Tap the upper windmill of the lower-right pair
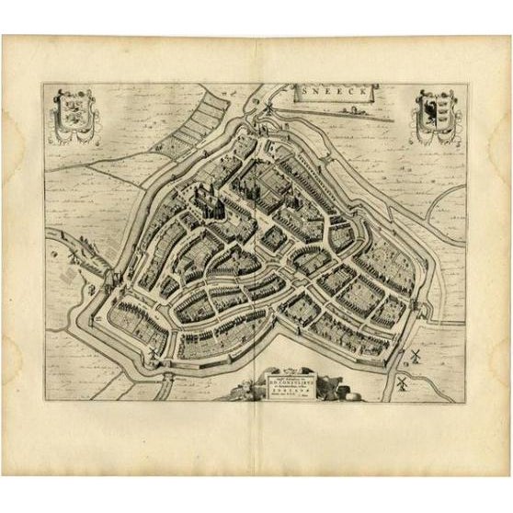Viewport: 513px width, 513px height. tap(415, 353)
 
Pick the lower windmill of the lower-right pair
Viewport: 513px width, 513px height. tap(401, 376)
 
